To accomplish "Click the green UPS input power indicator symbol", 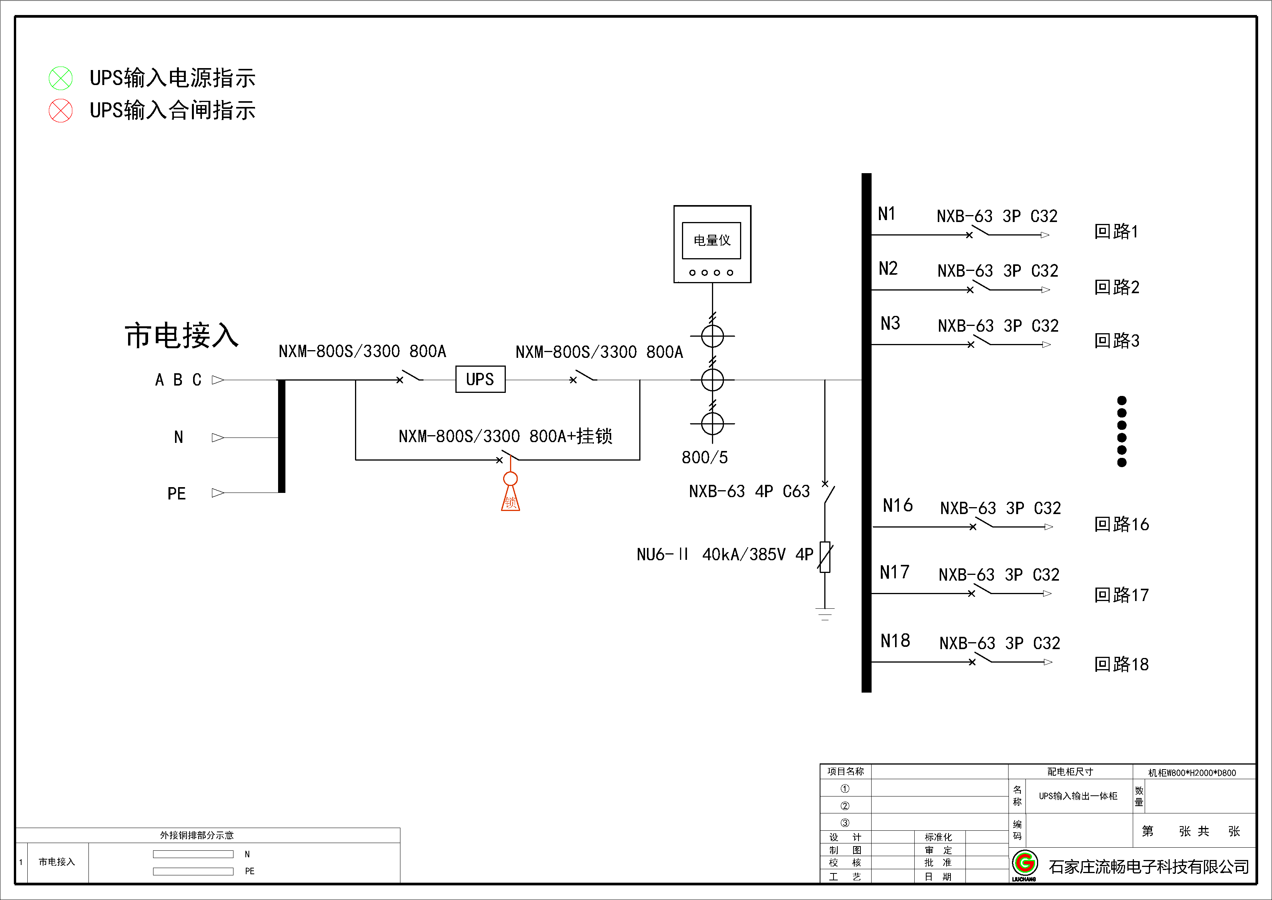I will point(60,78).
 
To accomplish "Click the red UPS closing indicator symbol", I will point(60,110).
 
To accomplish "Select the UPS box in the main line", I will point(480,379).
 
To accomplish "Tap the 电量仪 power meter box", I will point(712,244).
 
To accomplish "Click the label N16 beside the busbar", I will point(897,506).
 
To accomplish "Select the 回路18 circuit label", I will point(1121,664).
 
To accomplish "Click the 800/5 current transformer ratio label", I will point(704,457).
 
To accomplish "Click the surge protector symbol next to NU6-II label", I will point(825,557).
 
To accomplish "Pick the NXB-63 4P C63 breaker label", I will point(749,491).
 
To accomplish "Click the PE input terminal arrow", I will point(218,493).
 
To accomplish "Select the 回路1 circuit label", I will point(1116,231).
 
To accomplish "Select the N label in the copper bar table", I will point(247,854).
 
